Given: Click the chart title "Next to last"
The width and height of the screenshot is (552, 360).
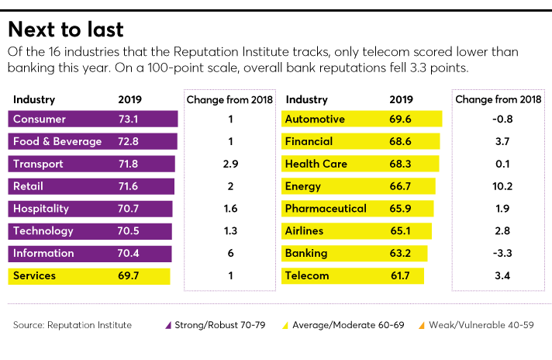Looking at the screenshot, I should [66, 29].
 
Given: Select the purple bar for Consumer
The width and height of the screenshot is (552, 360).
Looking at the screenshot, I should [93, 119].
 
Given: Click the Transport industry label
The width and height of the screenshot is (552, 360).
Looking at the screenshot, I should [38, 164].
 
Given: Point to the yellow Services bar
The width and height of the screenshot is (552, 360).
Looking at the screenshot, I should [89, 276].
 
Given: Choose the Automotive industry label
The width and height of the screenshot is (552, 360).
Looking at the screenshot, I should [315, 119].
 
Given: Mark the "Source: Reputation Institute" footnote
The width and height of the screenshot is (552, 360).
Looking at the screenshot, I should [72, 325].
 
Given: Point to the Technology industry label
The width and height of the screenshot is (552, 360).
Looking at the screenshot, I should [43, 231].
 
